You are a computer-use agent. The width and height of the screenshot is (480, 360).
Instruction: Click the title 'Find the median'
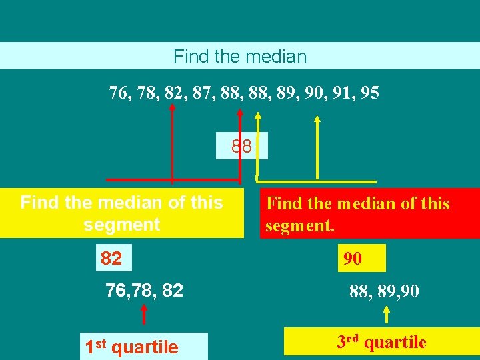[240, 56]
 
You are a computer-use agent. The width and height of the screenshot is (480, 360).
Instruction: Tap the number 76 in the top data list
[119, 93]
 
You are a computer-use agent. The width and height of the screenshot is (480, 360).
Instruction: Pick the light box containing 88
[241, 146]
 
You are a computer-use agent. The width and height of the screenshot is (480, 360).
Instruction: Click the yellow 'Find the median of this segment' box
[122, 213]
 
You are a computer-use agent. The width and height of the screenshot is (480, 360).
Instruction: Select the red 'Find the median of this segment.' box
[371, 213]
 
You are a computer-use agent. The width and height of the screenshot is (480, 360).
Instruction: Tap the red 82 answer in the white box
[112, 258]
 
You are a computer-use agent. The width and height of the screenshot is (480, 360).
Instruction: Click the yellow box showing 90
[362, 258]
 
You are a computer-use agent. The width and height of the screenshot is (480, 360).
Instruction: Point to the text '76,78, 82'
[144, 291]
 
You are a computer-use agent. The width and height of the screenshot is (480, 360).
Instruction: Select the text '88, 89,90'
[384, 291]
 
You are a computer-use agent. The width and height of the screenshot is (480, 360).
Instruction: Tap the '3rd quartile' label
[381, 343]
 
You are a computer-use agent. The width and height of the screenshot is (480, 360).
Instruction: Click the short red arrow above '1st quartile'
[143, 316]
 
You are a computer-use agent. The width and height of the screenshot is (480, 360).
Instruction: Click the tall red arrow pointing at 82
[173, 143]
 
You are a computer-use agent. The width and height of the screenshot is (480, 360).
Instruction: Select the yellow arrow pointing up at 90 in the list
[317, 147]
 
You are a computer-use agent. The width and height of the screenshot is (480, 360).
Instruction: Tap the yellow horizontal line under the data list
[316, 181]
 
